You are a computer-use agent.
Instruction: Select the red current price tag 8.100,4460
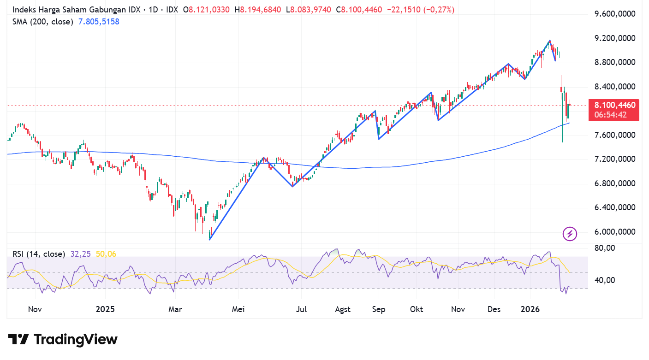tap(614, 105)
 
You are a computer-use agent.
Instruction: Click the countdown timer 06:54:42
tap(610, 115)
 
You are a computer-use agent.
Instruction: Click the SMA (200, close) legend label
tap(42, 22)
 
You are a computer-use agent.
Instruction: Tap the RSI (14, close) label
tap(38, 254)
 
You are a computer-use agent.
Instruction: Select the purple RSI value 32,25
tap(80, 254)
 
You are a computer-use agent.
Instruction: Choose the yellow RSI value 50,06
tap(107, 254)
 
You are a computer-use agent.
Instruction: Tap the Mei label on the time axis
tap(238, 309)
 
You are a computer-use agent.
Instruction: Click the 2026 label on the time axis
tap(530, 309)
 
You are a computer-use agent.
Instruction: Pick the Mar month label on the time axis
tap(175, 309)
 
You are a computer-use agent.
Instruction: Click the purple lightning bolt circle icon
tap(570, 234)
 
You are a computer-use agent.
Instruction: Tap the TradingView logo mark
tap(18, 339)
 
